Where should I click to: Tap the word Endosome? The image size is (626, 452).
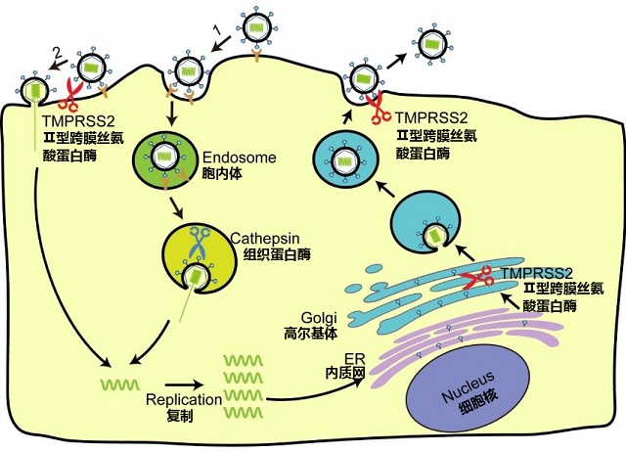point(235,157)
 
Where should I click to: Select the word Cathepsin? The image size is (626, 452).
point(266,237)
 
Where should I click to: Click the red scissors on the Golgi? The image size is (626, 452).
point(476,280)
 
